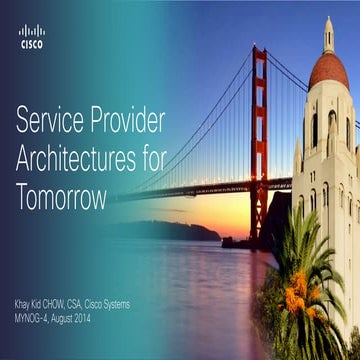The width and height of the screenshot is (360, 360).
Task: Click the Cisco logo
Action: (x=32, y=37)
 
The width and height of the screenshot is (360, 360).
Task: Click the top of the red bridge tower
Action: (x=259, y=52)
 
